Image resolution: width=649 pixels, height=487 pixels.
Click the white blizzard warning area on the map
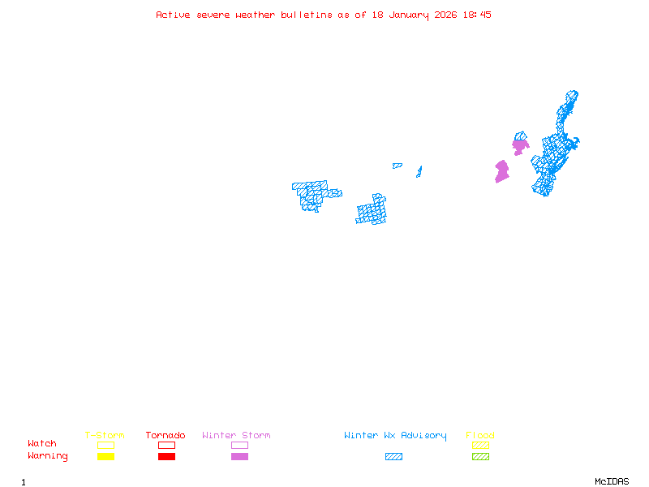[334, 184]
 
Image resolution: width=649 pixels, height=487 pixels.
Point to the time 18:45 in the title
[477, 15]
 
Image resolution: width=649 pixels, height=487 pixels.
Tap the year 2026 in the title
[445, 15]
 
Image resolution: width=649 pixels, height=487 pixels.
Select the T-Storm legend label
[105, 435]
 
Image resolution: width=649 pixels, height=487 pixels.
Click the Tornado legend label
[165, 435]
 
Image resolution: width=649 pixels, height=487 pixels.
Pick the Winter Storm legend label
[236, 435]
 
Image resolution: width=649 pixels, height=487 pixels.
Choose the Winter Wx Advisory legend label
[395, 435]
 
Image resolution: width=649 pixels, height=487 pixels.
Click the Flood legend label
[480, 435]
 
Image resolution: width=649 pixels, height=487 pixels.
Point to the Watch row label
[42, 444]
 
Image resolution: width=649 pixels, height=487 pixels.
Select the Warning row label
[48, 456]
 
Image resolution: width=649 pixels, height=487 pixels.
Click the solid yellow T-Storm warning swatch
[105, 457]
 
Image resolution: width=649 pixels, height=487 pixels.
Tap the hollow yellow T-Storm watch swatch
[105, 445]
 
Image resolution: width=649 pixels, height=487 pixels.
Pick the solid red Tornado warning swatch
[166, 457]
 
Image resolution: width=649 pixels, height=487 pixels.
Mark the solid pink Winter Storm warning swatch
[239, 457]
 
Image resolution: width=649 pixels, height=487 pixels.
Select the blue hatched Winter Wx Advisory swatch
[393, 457]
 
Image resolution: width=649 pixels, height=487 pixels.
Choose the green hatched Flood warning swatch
[480, 457]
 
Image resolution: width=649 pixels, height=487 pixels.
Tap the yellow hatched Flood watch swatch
[480, 445]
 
